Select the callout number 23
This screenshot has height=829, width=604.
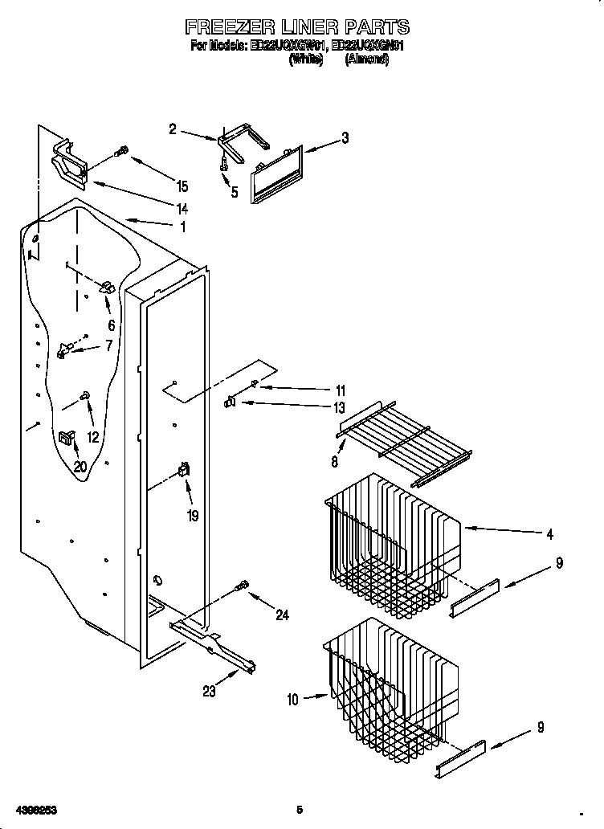coord(209,692)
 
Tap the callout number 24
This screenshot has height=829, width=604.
coord(281,615)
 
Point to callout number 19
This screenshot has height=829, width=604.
coord(193,517)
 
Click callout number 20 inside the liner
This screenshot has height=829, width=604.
coord(80,466)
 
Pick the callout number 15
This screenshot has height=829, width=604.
coord(182,186)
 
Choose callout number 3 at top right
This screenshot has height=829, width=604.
coord(345,137)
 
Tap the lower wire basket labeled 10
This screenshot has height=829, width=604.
coord(390,683)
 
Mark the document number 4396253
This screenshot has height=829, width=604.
coord(34,808)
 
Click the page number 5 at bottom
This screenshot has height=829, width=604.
coord(299,808)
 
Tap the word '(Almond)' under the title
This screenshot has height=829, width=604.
coord(366,60)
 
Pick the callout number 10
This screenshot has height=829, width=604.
coord(292,700)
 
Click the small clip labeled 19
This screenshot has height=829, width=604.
coord(184,472)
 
